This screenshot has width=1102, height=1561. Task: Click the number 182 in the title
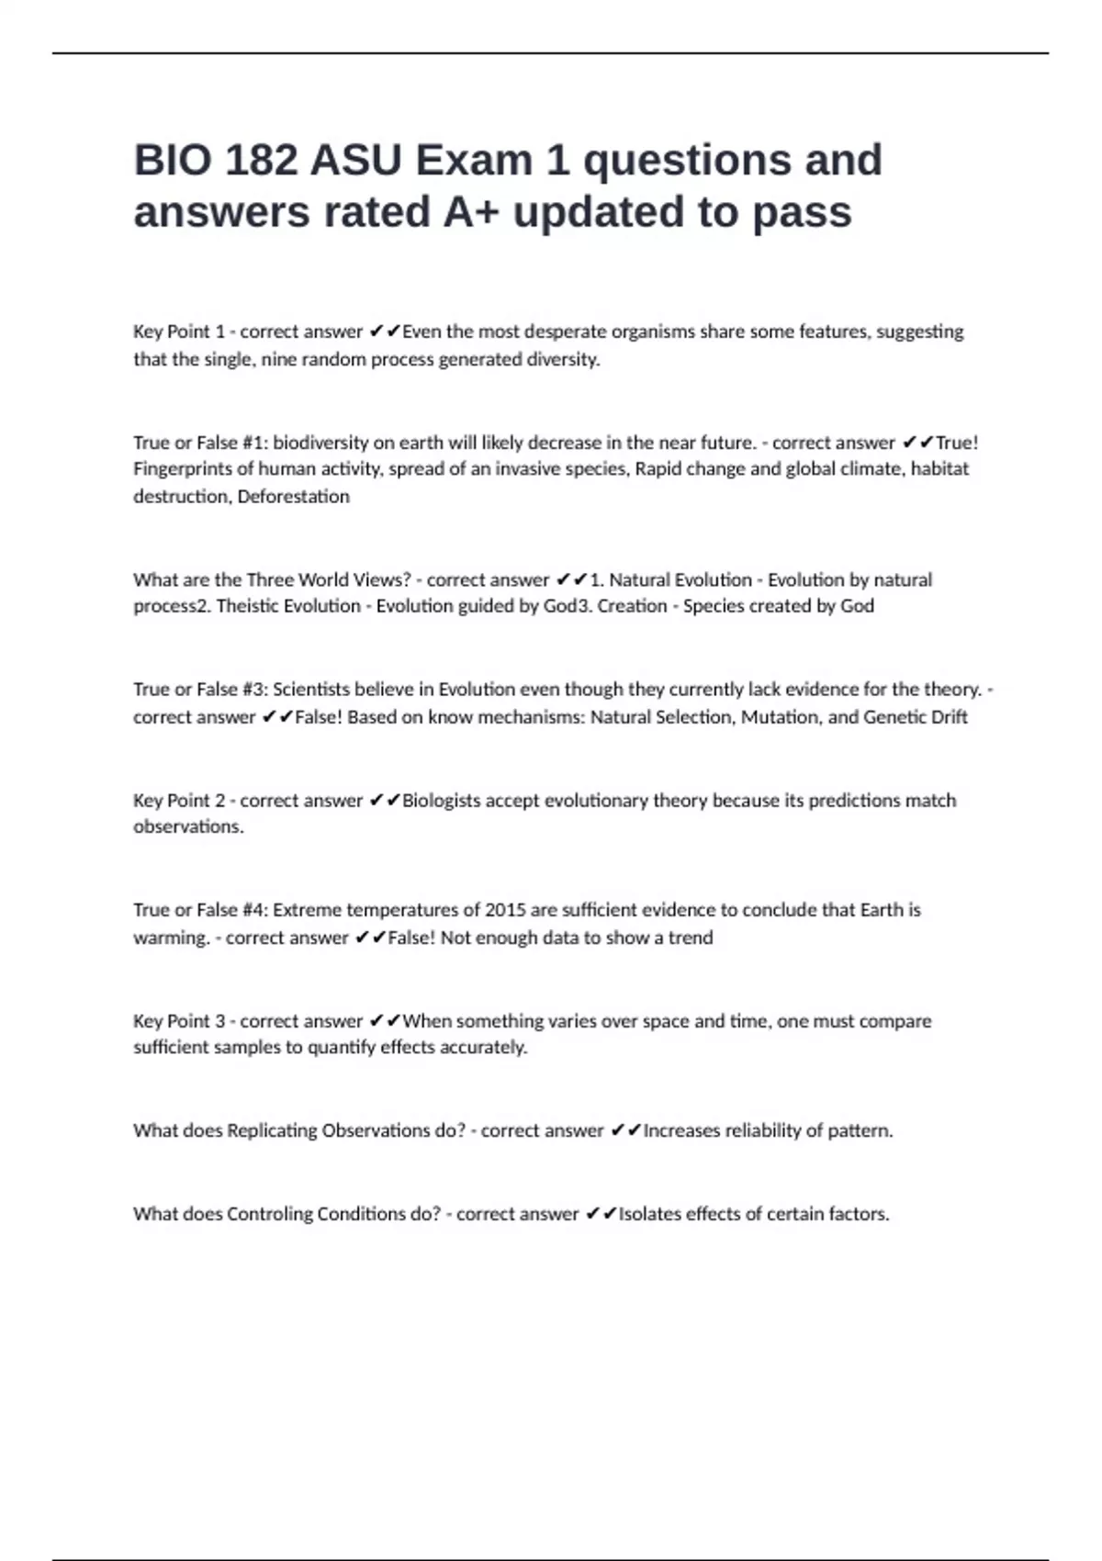pos(261,161)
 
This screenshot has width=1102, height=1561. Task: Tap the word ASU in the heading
pos(355,161)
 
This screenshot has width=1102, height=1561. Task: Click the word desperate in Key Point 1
pos(562,331)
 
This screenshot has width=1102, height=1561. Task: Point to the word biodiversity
pos(320,443)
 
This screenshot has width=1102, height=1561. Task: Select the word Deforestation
pos(294,497)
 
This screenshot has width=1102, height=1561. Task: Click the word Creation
pos(632,606)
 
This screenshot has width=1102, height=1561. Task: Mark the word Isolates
pos(649,1214)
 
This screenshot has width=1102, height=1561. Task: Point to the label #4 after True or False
pos(253,910)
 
